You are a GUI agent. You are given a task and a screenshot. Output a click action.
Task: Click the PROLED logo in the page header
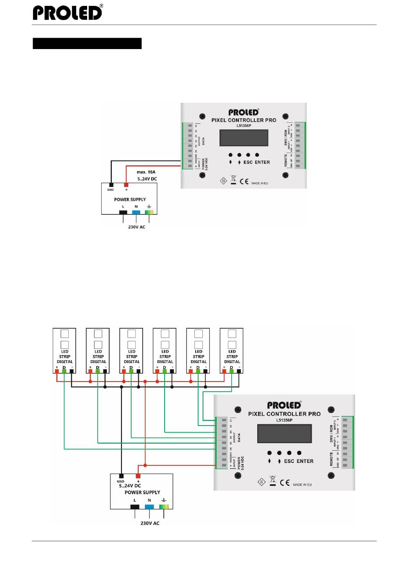[67, 13]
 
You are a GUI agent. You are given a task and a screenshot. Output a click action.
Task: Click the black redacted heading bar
[87, 44]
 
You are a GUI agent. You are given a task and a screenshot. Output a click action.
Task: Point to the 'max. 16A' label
[146, 172]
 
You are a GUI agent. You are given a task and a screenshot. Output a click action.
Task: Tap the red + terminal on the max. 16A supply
[126, 184]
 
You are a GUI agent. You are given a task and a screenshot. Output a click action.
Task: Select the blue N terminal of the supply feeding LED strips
[149, 506]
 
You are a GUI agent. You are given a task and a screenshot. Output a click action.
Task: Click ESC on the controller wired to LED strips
[289, 461]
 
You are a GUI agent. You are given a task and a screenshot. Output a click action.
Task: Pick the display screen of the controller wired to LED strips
[284, 434]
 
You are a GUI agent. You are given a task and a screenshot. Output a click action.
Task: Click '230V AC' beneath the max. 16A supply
[137, 227]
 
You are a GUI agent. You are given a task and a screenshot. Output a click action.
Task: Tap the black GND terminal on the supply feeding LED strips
[121, 476]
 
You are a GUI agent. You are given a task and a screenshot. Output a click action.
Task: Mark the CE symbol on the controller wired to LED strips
[285, 483]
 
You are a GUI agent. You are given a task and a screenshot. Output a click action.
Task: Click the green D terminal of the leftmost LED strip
[64, 371]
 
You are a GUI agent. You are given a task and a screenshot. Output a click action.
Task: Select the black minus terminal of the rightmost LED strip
[239, 371]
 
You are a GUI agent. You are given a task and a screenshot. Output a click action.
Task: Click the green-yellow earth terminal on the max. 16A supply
[149, 212]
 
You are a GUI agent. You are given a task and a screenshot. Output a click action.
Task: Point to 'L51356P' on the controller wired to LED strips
[284, 420]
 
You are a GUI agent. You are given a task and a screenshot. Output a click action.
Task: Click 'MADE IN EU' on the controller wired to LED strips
[302, 485]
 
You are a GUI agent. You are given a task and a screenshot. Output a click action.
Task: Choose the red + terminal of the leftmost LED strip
[57, 371]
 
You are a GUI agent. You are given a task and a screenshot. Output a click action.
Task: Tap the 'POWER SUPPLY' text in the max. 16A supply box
[130, 200]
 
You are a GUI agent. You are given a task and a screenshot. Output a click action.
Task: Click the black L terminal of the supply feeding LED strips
[135, 506]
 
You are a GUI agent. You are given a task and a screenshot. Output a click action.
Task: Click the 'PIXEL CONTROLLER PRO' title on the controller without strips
[243, 120]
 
